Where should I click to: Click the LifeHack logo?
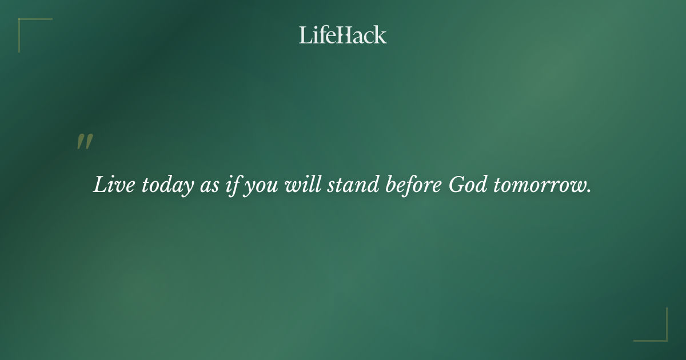tap(343, 35)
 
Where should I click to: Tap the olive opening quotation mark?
tap(85, 142)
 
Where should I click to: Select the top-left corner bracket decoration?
tap(29, 29)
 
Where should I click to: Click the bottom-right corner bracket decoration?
tap(657, 331)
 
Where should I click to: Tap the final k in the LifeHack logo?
tap(380, 35)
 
